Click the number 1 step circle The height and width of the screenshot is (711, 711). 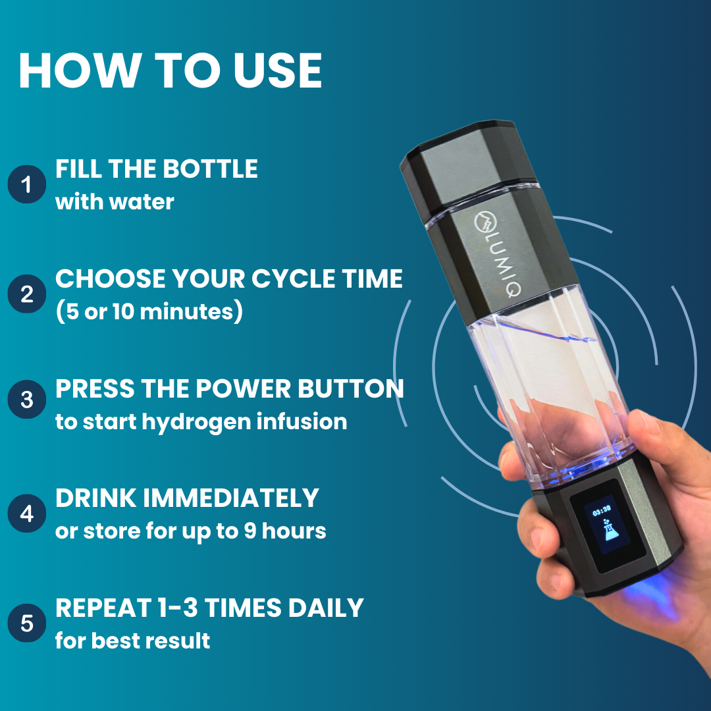pos(27,184)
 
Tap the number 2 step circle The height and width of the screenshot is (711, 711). pos(27,294)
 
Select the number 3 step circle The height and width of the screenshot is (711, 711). pos(27,399)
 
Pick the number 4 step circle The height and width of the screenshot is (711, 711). pos(27,513)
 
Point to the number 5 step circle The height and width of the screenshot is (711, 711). pos(27,623)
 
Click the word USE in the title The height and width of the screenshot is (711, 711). pos(278,70)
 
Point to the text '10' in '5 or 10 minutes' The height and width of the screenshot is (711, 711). pos(123,311)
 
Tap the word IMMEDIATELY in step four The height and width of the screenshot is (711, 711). pos(231,498)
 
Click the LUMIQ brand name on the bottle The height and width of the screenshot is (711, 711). pos(498,256)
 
